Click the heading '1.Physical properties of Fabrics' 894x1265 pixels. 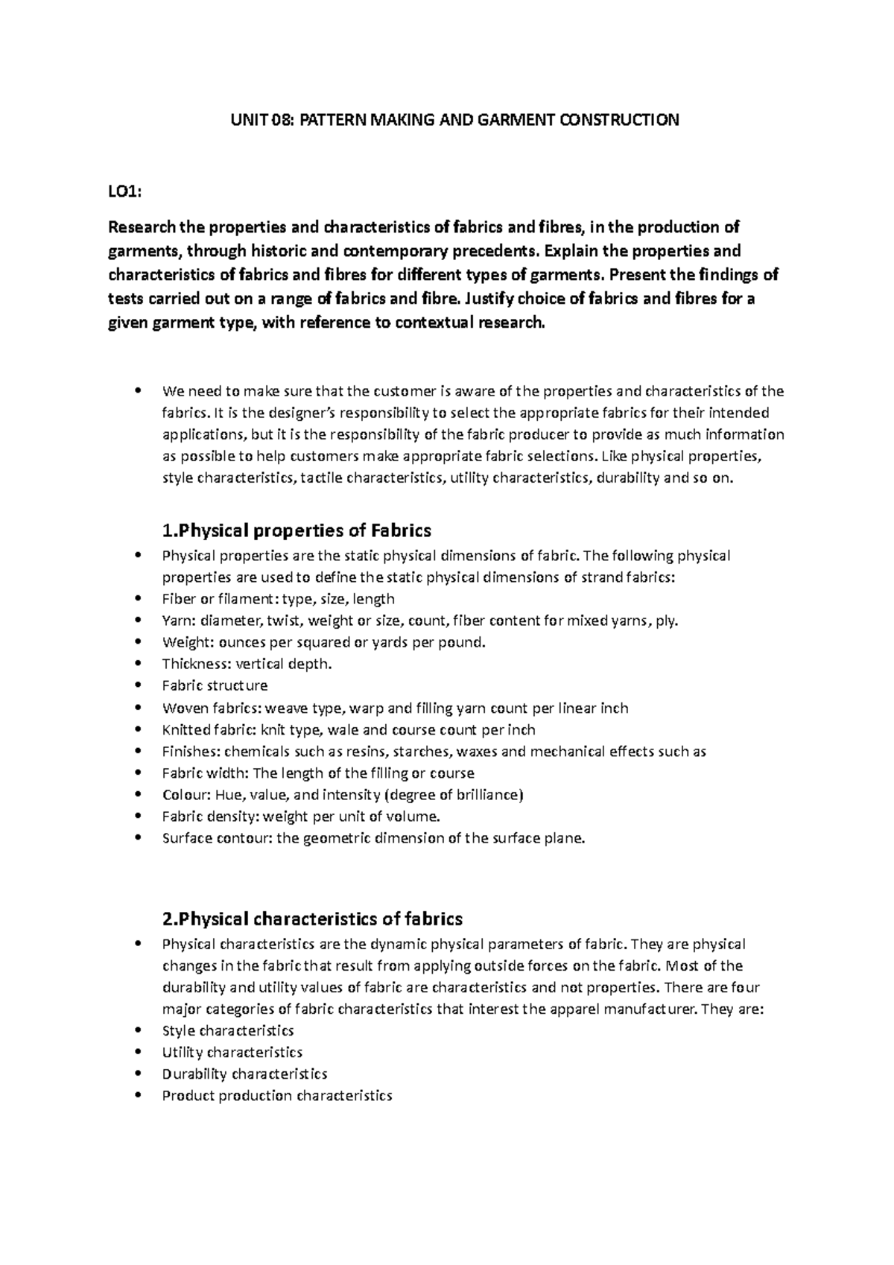point(297,531)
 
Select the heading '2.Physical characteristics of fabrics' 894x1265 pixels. point(312,919)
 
